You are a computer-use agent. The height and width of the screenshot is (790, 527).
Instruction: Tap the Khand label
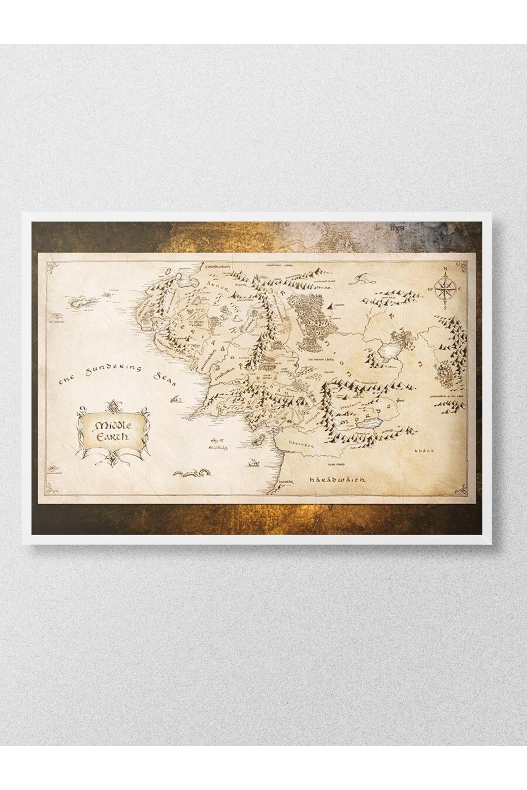(426, 451)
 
